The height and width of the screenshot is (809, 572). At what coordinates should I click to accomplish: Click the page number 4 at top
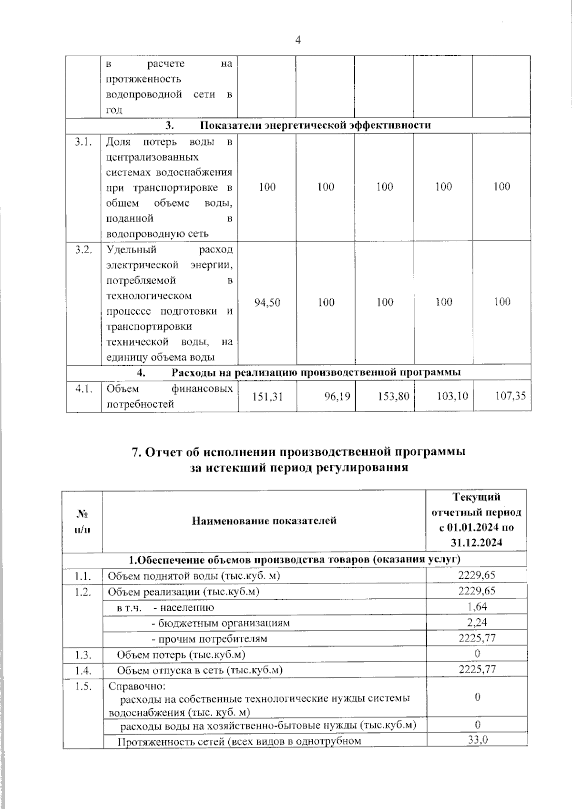click(x=298, y=40)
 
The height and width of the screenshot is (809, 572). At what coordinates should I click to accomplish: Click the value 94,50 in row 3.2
click(x=267, y=302)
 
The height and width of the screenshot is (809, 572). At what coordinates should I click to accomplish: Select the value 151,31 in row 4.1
click(x=267, y=396)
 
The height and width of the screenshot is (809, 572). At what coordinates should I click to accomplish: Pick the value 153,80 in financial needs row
click(x=394, y=396)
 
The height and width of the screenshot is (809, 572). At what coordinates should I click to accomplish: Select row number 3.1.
click(x=83, y=142)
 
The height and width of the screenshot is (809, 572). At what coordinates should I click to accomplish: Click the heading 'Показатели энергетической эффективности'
click(x=315, y=125)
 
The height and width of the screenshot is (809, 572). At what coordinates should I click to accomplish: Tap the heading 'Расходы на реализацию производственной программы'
click(x=316, y=372)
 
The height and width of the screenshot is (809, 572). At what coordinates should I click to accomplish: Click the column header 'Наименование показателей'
click(x=264, y=520)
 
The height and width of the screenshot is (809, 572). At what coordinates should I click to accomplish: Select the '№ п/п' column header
click(x=82, y=521)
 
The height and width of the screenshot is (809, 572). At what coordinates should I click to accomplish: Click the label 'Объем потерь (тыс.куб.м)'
click(x=182, y=654)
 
